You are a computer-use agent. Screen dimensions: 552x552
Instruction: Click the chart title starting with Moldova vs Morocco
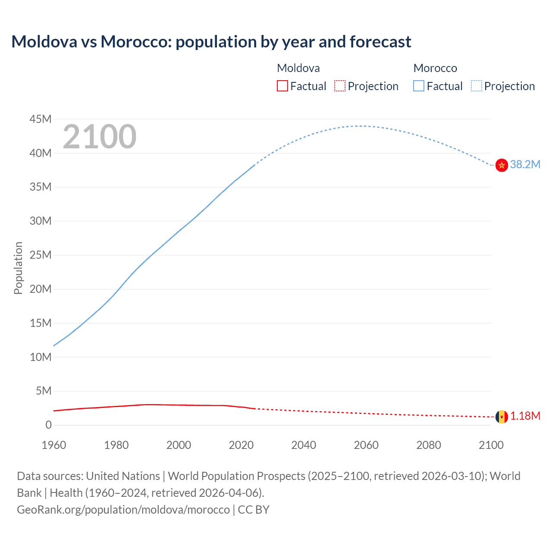coord(211,42)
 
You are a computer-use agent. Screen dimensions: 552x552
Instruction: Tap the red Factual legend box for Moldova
coord(282,86)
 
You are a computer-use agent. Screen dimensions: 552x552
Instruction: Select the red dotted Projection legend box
coord(340,86)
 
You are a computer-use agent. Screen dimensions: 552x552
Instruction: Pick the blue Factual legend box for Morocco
coord(419,86)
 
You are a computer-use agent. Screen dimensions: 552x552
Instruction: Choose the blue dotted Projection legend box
coord(477,86)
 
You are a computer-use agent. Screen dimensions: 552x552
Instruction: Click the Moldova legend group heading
coord(298,68)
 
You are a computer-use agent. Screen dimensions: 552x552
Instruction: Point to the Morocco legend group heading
coord(435,68)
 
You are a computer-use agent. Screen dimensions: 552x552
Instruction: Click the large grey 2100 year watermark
coord(100,137)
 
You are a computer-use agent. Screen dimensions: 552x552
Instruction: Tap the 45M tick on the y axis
coord(41,119)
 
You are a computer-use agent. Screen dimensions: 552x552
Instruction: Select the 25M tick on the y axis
coord(41,255)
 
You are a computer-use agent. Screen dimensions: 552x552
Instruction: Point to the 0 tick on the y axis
coord(48,425)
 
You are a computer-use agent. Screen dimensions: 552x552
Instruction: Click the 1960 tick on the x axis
coord(54,445)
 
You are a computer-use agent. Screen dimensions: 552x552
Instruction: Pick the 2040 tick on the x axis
coord(304,445)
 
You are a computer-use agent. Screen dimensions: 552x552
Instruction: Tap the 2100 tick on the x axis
coord(491,445)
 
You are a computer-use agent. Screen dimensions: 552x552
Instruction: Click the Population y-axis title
coord(18,268)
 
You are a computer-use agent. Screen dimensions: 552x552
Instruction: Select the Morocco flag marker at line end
coord(502,165)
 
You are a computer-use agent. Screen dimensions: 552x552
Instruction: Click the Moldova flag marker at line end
coord(502,417)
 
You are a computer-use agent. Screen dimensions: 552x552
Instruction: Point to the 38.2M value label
coord(525,164)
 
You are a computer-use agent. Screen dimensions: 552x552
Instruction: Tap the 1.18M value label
coord(525,416)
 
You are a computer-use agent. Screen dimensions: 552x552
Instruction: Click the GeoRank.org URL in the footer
coord(123,509)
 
